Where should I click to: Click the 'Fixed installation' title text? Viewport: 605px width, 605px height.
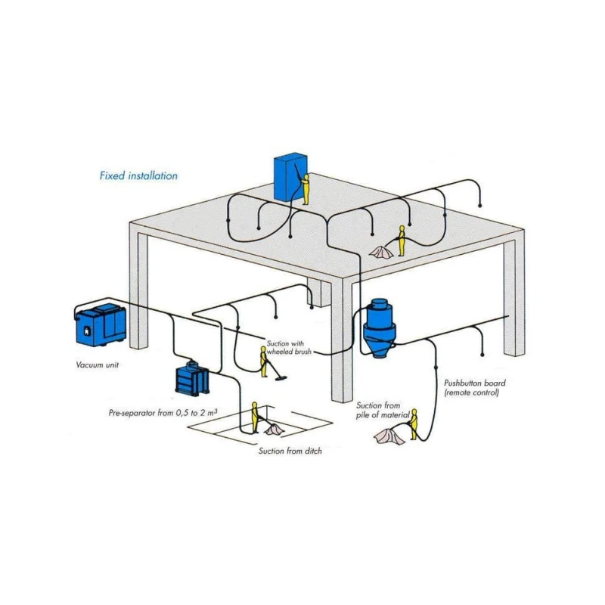click(138, 175)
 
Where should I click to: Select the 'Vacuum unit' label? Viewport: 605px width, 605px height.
click(98, 365)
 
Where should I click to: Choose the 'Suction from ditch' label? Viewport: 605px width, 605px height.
click(290, 451)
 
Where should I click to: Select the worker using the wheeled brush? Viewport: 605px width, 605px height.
click(264, 361)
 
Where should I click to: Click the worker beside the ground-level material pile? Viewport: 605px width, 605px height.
click(414, 423)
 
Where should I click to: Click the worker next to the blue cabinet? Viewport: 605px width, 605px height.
click(306, 190)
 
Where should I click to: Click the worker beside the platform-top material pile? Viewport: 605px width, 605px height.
click(402, 240)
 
